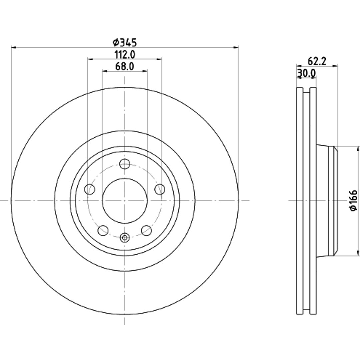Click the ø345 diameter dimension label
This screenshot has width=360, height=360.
click(x=125, y=42)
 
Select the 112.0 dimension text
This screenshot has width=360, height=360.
click(x=125, y=55)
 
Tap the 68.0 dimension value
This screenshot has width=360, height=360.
click(x=125, y=67)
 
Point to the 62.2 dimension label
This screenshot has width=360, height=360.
click(x=317, y=62)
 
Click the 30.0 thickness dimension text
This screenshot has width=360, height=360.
click(x=307, y=73)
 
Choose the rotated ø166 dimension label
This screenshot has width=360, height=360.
click(x=353, y=200)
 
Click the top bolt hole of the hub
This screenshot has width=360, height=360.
click(x=125, y=164)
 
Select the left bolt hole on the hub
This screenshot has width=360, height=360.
click(x=90, y=189)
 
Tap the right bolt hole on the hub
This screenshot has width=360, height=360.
click(x=160, y=189)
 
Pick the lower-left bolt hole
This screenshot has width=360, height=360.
click(x=103, y=230)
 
